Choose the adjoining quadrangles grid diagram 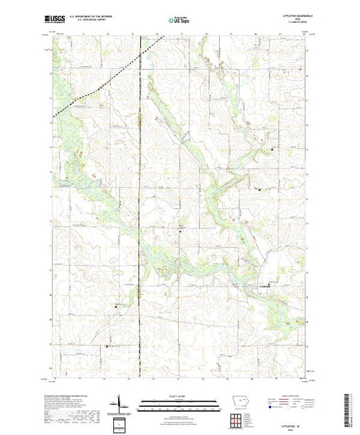pos(238,419)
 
